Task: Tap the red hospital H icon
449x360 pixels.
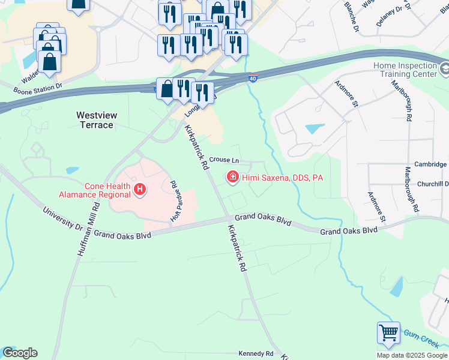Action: [x=140, y=190]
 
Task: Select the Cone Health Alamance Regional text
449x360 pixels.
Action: [x=95, y=190]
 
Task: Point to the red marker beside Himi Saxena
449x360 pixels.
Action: [x=232, y=177]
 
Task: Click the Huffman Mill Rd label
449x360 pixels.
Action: [x=88, y=229]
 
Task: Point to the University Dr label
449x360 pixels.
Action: [x=63, y=219]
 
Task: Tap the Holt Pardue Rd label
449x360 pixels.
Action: [x=175, y=202]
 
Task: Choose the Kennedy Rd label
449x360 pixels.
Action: [x=256, y=354]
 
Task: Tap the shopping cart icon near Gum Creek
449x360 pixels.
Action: [x=388, y=333]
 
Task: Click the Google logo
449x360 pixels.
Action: [x=20, y=353]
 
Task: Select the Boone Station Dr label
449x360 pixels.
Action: [x=38, y=87]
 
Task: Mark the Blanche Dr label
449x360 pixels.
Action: [x=352, y=16]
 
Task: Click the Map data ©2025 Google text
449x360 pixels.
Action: [x=411, y=355]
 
